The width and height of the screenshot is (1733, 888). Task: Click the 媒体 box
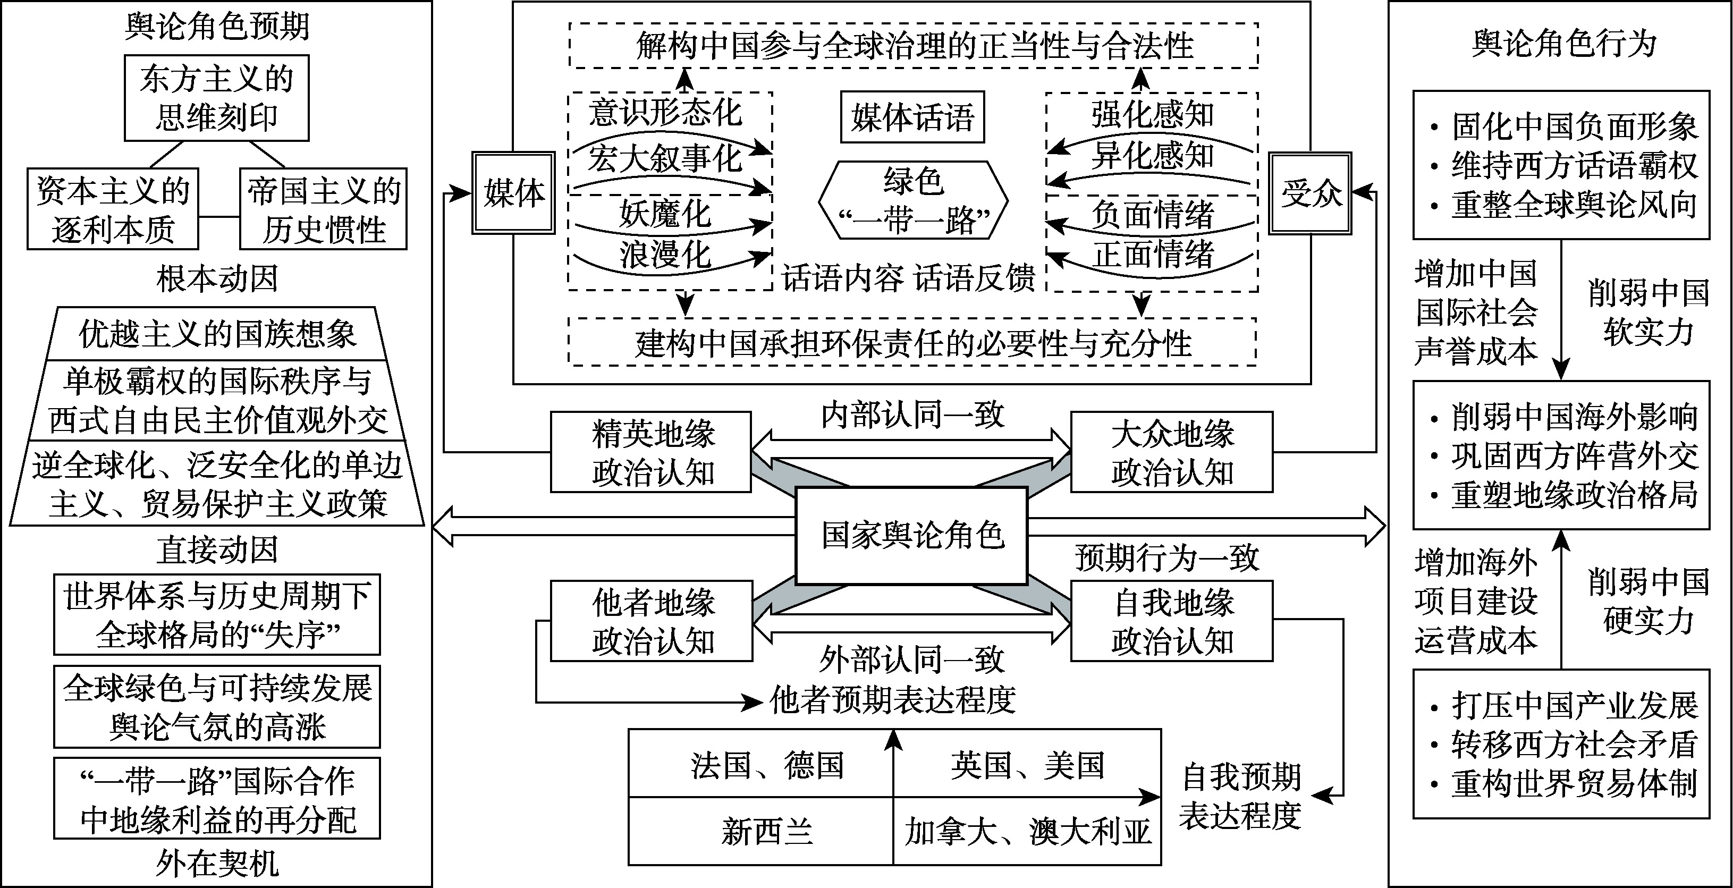tap(514, 193)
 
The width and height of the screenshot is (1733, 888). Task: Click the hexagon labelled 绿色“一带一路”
tap(913, 200)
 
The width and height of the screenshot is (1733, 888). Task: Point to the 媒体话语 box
tap(912, 117)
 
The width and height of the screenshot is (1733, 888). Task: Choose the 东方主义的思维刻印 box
tap(217, 98)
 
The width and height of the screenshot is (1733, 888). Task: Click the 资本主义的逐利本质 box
tap(113, 209)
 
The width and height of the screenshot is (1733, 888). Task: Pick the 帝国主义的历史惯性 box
tap(324, 209)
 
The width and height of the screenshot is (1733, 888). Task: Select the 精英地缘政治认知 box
tap(651, 452)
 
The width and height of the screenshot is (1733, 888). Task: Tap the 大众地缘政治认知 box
tap(1171, 452)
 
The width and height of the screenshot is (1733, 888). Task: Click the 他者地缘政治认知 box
tap(651, 621)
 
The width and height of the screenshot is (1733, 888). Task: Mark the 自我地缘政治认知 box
tap(1171, 621)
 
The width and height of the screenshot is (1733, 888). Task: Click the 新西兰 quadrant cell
tap(766, 832)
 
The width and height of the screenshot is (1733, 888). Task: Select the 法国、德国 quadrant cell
tap(766, 765)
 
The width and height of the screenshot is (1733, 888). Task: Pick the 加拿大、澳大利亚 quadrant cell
tap(1027, 832)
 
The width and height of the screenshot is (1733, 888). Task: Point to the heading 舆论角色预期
tap(217, 27)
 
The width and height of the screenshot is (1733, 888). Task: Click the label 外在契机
tap(217, 863)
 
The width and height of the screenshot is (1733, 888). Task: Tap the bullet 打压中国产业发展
tap(1574, 706)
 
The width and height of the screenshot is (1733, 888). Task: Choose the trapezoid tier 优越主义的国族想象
tap(217, 334)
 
